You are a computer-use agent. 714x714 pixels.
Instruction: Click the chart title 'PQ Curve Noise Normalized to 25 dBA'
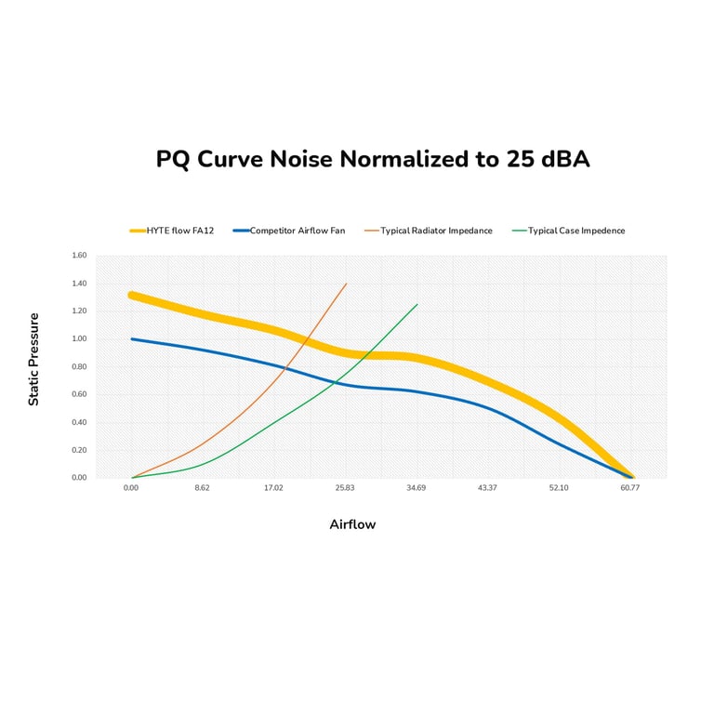click(x=372, y=159)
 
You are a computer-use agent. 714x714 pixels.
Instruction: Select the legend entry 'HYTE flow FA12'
click(x=180, y=231)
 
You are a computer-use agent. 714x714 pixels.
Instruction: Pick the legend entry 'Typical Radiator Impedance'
click(x=436, y=231)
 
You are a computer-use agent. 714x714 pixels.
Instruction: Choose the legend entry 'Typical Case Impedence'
click(x=576, y=231)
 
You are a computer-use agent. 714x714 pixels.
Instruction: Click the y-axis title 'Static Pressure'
click(x=34, y=359)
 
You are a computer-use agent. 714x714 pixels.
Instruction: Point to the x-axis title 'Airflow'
click(x=352, y=524)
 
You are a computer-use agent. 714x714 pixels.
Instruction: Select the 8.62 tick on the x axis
click(x=202, y=488)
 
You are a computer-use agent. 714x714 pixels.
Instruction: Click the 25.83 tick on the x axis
click(x=345, y=488)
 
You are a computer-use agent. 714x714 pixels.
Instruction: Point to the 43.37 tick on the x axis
click(x=487, y=488)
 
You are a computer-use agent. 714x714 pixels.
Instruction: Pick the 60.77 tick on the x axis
click(x=630, y=488)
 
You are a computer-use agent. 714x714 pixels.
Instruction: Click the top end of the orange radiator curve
click(x=347, y=284)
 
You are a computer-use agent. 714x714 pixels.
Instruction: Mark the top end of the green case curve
click(x=417, y=304)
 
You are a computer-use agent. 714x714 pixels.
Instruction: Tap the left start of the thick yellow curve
click(x=132, y=296)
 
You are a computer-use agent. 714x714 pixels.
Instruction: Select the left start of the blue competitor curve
click(x=132, y=338)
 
